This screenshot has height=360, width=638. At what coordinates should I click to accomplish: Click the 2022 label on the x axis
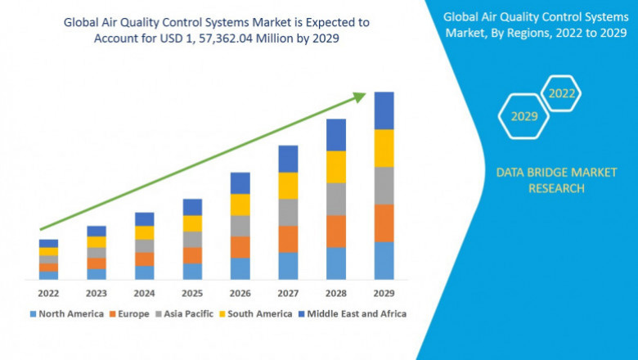tap(48, 292)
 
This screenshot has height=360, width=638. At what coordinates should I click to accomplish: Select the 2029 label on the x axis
tap(384, 292)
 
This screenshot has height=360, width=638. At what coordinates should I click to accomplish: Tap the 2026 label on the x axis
tap(240, 292)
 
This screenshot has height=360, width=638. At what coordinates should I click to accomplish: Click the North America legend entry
tap(66, 313)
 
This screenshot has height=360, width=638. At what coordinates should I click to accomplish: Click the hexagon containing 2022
tap(562, 94)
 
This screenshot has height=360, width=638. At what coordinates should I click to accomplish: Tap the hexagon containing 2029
tap(524, 116)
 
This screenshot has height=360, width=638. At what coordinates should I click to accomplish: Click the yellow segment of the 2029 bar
tap(384, 148)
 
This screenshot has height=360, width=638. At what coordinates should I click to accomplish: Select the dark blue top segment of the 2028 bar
tap(335, 135)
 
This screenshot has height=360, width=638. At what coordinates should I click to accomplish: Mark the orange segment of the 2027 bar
tap(288, 239)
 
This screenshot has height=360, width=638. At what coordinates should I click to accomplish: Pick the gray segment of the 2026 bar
tap(240, 226)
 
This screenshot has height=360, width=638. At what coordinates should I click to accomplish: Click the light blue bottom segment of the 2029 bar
tap(384, 260)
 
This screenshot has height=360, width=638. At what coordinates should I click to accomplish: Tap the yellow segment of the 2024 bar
tap(144, 232)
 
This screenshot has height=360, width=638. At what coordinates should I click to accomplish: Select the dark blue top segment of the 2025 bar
tap(192, 207)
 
